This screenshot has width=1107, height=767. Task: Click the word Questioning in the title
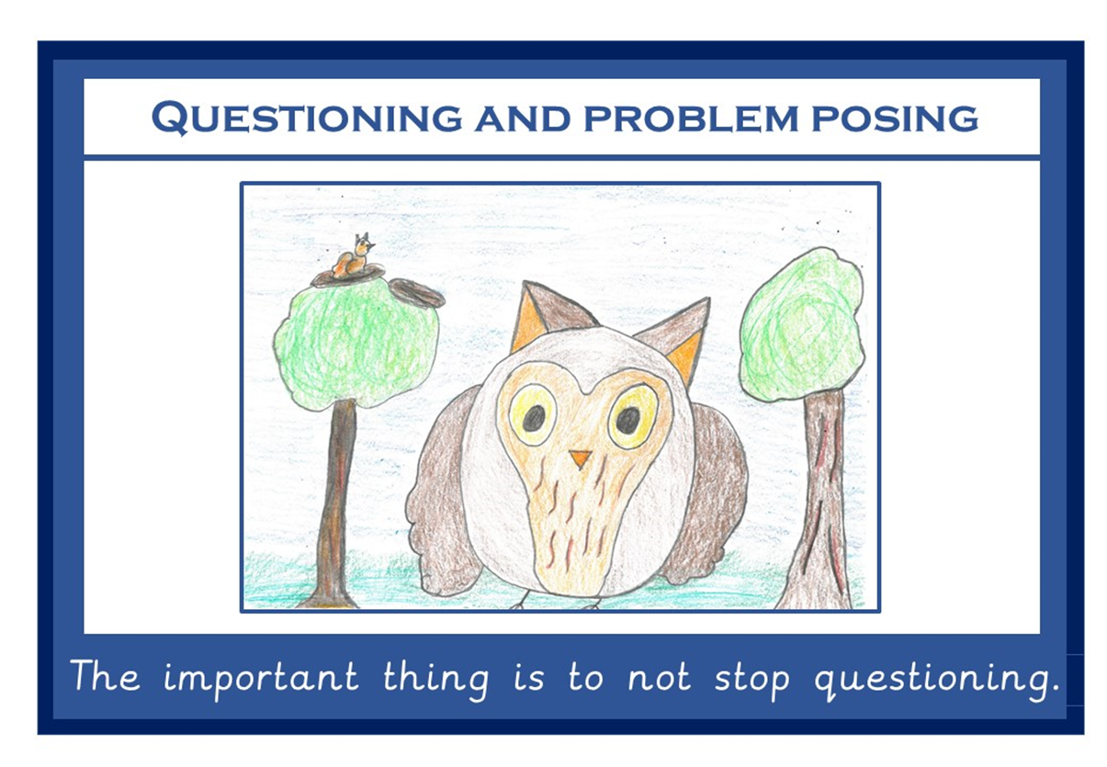click(x=307, y=118)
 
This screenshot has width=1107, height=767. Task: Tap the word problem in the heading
click(x=691, y=118)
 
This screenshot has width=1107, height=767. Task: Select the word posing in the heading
click(x=896, y=118)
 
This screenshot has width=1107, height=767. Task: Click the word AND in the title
click(x=523, y=118)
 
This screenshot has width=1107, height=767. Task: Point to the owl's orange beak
click(x=580, y=458)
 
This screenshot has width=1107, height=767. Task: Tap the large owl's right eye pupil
click(x=628, y=421)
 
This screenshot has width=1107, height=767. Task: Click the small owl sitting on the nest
click(x=354, y=256)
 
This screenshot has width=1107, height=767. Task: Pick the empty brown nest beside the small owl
click(x=418, y=293)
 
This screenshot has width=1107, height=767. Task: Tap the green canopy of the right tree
click(x=802, y=326)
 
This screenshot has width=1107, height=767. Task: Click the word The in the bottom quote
click(x=105, y=674)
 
